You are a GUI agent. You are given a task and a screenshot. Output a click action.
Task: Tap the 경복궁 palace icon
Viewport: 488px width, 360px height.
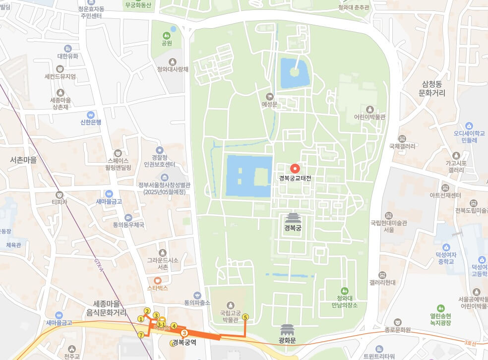(293, 218)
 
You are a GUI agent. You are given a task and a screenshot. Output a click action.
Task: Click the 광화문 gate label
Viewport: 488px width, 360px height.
(287, 341)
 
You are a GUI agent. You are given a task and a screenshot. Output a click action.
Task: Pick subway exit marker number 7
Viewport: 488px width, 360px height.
(141, 335)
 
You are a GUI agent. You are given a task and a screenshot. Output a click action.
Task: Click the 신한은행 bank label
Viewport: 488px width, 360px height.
(91, 122)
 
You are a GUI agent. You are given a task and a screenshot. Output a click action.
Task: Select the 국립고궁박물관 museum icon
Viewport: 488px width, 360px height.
(230, 304)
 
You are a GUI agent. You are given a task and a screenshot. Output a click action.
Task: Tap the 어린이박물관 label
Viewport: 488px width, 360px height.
(369, 117)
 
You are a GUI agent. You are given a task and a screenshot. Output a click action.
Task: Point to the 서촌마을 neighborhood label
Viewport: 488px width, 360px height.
(23, 160)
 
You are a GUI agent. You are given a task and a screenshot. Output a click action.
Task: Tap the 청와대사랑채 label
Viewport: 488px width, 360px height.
(173, 69)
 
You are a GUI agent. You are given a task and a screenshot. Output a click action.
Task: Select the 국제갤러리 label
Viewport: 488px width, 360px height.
(402, 146)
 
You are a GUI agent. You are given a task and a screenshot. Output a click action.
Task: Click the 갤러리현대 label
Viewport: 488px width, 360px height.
(382, 282)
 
